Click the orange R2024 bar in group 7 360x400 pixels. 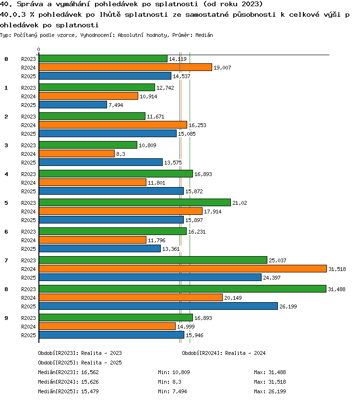(x=183, y=269)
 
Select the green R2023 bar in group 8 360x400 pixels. (x=182, y=289)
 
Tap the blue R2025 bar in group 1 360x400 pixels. (x=73, y=105)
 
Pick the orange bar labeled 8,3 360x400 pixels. (x=77, y=153)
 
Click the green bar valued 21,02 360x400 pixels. (x=135, y=202)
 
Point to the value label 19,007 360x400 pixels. (x=222, y=68)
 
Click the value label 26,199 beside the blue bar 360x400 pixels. (x=288, y=306)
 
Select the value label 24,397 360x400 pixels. (x=272, y=278)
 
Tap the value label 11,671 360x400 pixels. (x=156, y=117)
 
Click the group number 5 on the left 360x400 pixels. (x=6, y=203)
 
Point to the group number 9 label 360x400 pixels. (x=6, y=318)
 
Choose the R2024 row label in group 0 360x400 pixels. (x=29, y=68)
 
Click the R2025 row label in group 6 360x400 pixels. (x=29, y=249)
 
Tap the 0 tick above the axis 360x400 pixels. (x=38, y=49)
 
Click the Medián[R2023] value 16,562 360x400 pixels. (x=90, y=372)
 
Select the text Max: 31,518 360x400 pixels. (x=270, y=382)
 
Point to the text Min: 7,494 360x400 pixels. (x=172, y=391)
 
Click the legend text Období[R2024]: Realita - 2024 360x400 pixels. (x=224, y=353)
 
